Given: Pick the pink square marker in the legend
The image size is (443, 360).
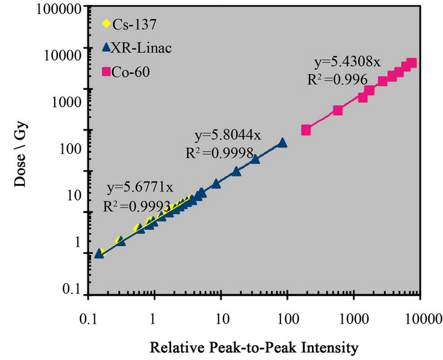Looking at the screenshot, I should tap(105, 72).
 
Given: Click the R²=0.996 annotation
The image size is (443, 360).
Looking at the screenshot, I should tap(337, 79).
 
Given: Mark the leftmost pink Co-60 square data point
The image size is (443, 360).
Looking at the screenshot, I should tap(306, 130).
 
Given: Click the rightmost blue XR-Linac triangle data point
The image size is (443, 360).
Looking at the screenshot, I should tap(282, 142).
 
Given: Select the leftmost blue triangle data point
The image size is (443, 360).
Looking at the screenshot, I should tap(98, 253).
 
